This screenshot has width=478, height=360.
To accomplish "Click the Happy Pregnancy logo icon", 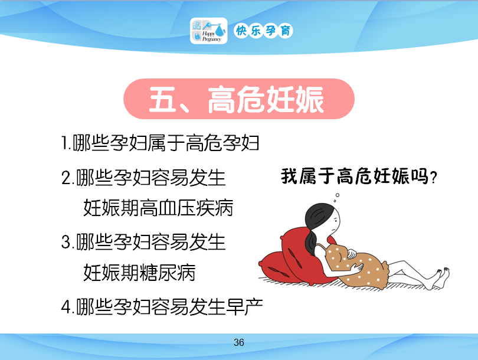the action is point(208,31).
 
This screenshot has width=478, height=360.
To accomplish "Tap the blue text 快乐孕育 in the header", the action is point(263,31).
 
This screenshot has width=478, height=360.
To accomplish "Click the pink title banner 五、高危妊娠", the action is point(239,99).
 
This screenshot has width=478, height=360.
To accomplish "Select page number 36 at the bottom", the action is point(238,342).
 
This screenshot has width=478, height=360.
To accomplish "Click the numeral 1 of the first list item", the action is point(65,143).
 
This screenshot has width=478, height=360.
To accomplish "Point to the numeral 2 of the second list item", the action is point(66,178).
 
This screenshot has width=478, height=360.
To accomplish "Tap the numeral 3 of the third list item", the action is point(66,242).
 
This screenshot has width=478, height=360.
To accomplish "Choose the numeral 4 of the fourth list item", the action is point(67,307).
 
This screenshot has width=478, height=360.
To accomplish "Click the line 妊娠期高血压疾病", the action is point(158,208).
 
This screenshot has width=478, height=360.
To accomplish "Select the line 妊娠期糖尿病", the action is point(139,273).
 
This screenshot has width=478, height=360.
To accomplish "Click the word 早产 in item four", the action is point(244,306).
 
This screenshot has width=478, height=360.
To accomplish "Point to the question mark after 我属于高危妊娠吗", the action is point(433,178).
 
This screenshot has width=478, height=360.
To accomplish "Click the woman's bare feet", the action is point(440,277).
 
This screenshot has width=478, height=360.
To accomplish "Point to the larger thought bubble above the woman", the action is point(338,195).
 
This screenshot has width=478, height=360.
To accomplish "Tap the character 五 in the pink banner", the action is point(162,99).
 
